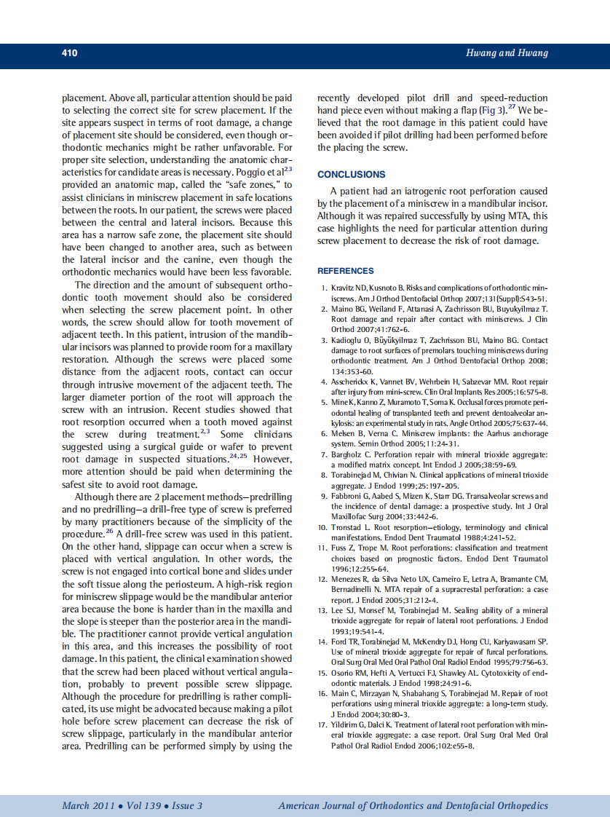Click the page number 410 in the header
click(70, 53)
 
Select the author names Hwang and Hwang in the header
click(507, 53)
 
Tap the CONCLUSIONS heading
click(352, 175)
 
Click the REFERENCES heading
click(346, 271)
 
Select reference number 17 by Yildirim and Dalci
click(322, 727)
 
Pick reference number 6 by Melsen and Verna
click(324, 433)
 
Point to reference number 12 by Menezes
click(322, 579)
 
